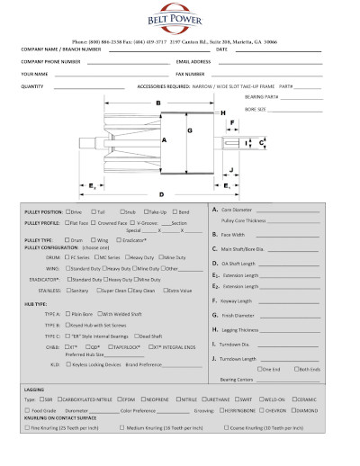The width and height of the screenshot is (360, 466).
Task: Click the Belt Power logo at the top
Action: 179,21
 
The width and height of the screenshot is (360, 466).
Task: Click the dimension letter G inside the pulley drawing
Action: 190,130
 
